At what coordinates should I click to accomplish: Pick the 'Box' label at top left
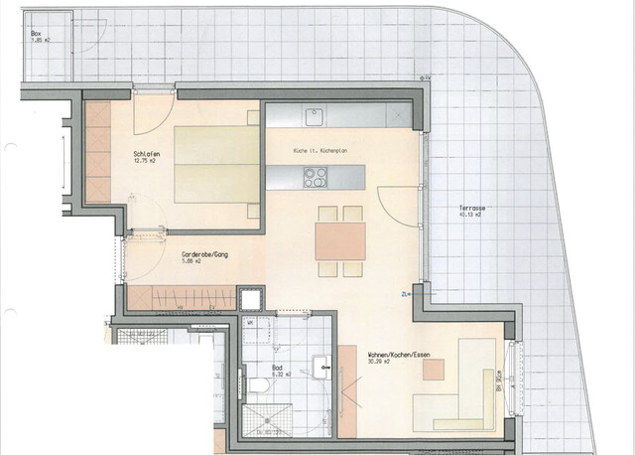pos(36,33)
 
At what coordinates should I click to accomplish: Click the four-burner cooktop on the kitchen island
pos(316,178)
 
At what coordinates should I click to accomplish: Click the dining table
pos(341,239)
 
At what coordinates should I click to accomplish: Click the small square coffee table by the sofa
pos(433,370)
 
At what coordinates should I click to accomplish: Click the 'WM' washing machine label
pos(250,323)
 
